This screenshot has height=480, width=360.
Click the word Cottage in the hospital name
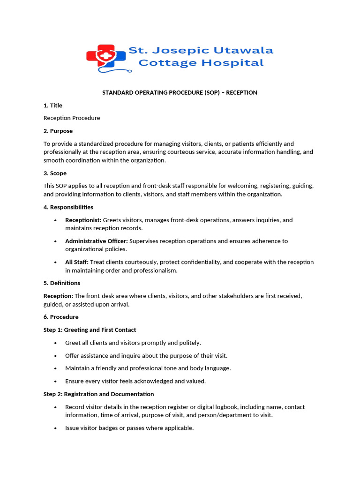pyautogui.click(x=163, y=63)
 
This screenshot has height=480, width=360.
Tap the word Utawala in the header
pyautogui.click(x=240, y=50)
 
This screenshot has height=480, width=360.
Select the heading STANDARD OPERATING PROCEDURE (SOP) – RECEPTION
pyautogui.click(x=180, y=93)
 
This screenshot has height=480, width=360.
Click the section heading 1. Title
pyautogui.click(x=53, y=105)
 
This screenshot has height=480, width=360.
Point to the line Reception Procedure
pyautogui.click(x=72, y=118)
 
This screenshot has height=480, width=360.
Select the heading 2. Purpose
pyautogui.click(x=58, y=131)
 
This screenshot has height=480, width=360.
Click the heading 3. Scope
pyautogui.click(x=55, y=173)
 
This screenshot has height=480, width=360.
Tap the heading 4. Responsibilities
pyautogui.click(x=68, y=207)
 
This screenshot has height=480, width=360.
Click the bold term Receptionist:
pyautogui.click(x=83, y=220)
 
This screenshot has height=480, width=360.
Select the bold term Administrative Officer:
pyautogui.click(x=96, y=241)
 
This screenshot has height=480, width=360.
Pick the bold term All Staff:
pyautogui.click(x=76, y=262)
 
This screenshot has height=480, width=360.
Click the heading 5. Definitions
pyautogui.click(x=62, y=283)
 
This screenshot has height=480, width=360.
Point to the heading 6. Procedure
pyautogui.click(x=61, y=317)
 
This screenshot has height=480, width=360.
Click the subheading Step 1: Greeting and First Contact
pyautogui.click(x=90, y=330)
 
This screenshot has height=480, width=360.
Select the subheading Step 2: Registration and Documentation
pyautogui.click(x=98, y=394)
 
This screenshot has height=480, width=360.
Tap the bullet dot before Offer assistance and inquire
pyautogui.click(x=56, y=356)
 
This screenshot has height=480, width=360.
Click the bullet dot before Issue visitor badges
pyautogui.click(x=56, y=428)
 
